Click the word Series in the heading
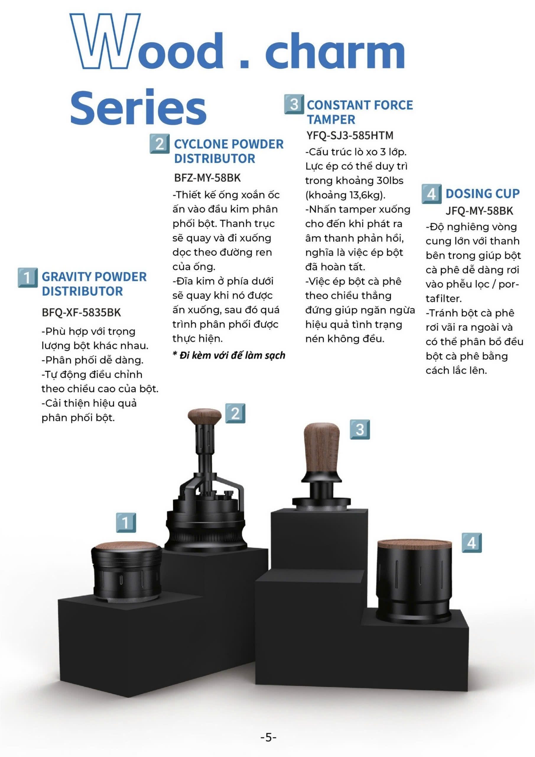click(138, 107)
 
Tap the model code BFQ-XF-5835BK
click(81, 312)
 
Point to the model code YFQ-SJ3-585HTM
click(350, 135)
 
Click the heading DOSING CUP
click(483, 193)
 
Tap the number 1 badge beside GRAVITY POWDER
click(28, 278)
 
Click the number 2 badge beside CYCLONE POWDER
click(160, 144)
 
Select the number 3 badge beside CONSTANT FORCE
click(294, 104)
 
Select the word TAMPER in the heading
click(331, 119)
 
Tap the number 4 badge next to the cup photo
click(471, 543)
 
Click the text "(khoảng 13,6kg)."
click(345, 195)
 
